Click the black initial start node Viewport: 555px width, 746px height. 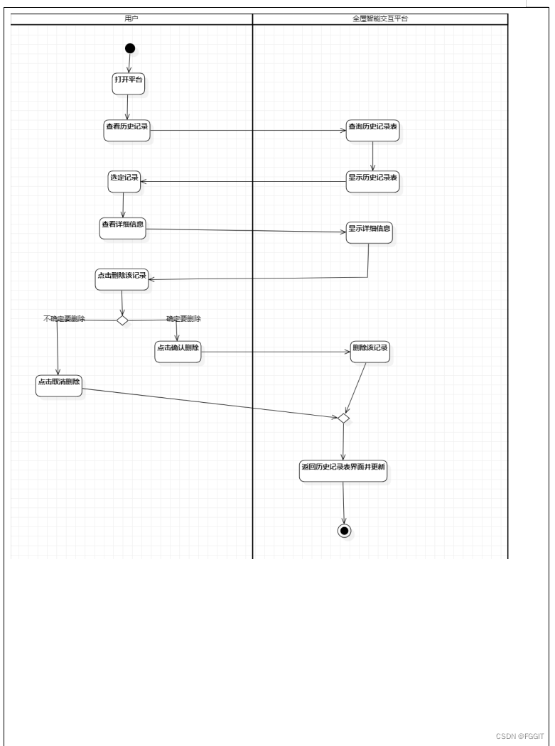(129, 48)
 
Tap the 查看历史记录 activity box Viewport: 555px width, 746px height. (127, 130)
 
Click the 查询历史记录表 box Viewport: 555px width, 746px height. (373, 130)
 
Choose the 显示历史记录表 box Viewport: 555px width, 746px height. (373, 181)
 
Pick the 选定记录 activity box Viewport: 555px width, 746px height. (124, 181)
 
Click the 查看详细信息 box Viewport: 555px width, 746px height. (122, 228)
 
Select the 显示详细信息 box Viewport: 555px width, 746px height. (370, 233)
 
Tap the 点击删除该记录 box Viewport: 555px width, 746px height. (122, 279)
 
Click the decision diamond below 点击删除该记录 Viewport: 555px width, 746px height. (122, 320)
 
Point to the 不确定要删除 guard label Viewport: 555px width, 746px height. (64, 319)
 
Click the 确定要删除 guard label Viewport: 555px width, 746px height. (183, 319)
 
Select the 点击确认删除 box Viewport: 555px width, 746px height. (178, 352)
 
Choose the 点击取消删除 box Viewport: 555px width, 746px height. (60, 385)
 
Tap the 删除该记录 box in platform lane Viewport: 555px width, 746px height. (370, 352)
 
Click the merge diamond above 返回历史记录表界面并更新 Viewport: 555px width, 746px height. (343, 418)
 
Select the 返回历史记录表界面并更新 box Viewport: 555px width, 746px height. (343, 470)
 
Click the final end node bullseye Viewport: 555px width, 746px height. (345, 531)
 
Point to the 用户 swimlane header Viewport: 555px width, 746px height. (131, 19)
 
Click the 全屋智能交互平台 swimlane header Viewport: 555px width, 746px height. (380, 19)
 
